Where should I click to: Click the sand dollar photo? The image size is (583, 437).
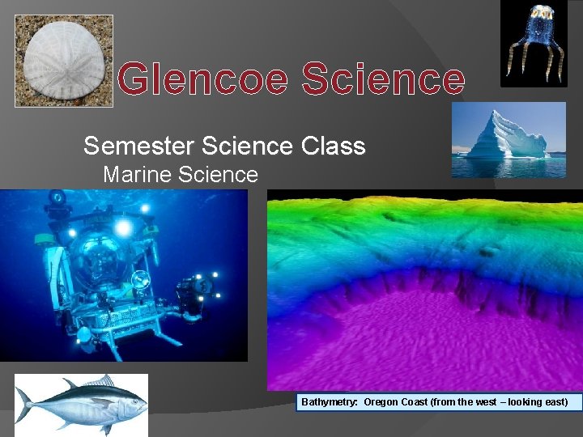click(x=64, y=61)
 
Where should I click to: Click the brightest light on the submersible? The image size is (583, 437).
click(x=123, y=228)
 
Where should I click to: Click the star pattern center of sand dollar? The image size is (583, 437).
click(x=65, y=58)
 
